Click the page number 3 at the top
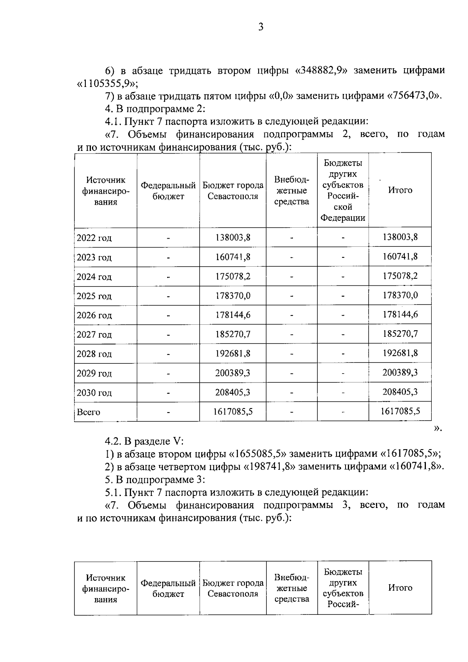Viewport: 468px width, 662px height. pyautogui.click(x=261, y=27)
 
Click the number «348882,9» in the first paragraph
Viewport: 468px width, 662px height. pyautogui.click(x=322, y=71)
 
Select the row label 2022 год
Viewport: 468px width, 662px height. pyautogui.click(x=94, y=238)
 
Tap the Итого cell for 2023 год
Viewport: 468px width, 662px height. pyautogui.click(x=400, y=257)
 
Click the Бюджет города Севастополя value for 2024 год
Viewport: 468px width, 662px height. pyautogui.click(x=233, y=276)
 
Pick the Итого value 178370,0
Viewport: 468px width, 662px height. pyautogui.click(x=400, y=295)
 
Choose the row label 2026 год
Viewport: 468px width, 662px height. pyautogui.click(x=94, y=315)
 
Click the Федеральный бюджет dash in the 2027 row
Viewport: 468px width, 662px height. pyautogui.click(x=168, y=335)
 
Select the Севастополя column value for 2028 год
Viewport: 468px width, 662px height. pyautogui.click(x=233, y=354)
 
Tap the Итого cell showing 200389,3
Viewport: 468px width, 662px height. pyautogui.click(x=400, y=372)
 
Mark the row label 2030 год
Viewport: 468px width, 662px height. pyautogui.click(x=94, y=393)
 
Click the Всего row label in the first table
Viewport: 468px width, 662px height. pyautogui.click(x=89, y=412)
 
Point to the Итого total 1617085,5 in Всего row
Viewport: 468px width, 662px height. pyautogui.click(x=400, y=411)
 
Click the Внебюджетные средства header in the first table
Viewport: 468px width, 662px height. pyautogui.click(x=291, y=191)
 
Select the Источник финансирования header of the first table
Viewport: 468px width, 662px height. pyautogui.click(x=106, y=191)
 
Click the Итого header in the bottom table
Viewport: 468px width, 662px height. pyautogui.click(x=400, y=588)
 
